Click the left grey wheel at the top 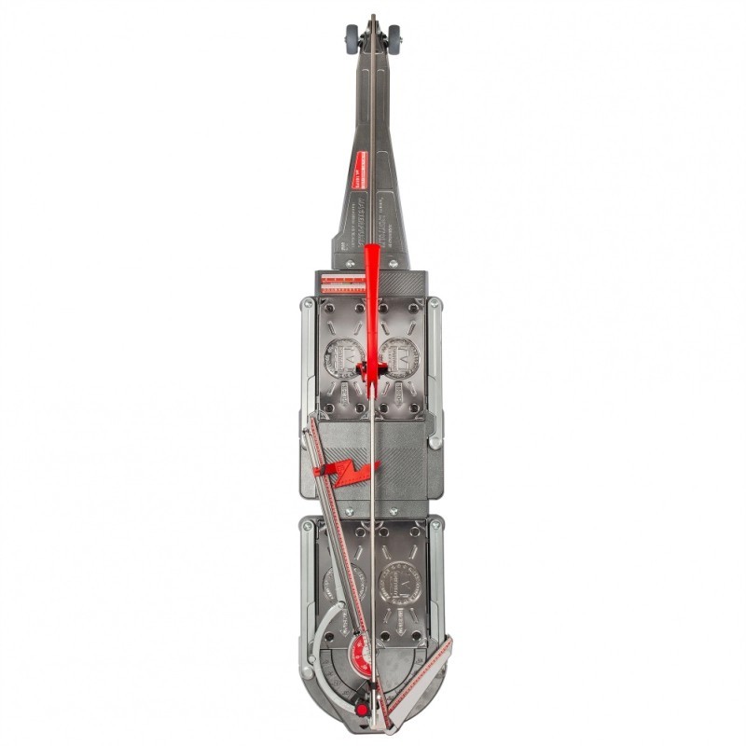click(x=352, y=37)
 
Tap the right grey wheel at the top click(x=394, y=37)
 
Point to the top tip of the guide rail click(x=373, y=17)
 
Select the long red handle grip click(x=373, y=298)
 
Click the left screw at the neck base click(x=351, y=264)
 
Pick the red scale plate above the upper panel click(x=343, y=283)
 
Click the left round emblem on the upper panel click(x=343, y=357)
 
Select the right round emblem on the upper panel click(x=400, y=357)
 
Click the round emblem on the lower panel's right click(x=399, y=587)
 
